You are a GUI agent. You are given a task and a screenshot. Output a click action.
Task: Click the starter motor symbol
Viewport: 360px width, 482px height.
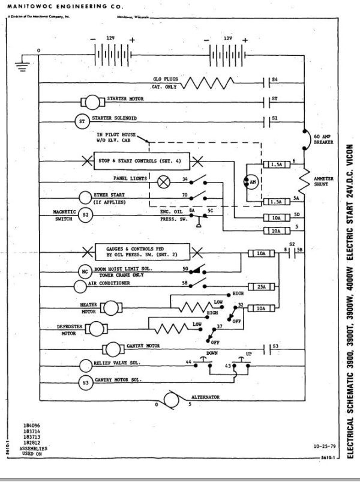pyautogui.click(x=92, y=100)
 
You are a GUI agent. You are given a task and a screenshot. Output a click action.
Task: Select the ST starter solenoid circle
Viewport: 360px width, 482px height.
pyautogui.click(x=82, y=120)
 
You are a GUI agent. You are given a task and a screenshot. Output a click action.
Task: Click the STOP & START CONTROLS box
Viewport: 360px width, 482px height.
pyautogui.click(x=136, y=161)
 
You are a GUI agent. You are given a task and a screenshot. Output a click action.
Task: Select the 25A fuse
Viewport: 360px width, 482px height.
pyautogui.click(x=260, y=288)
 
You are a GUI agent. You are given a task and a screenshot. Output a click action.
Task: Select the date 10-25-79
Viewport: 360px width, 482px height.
pyautogui.click(x=325, y=447)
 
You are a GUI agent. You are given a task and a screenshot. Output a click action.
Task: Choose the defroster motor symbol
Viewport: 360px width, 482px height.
pyautogui.click(x=95, y=328)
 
